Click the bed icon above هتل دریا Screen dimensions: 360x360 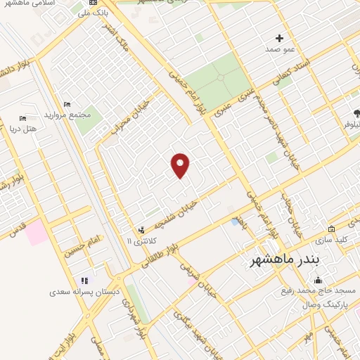[22, 119]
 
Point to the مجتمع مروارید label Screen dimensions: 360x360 [64, 114]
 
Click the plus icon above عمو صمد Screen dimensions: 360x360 [279, 38]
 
